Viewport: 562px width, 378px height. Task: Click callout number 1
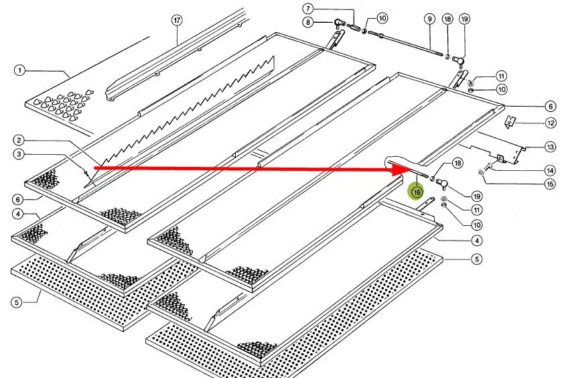(19, 70)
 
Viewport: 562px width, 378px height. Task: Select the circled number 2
(19, 140)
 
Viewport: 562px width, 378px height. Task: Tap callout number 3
(19, 155)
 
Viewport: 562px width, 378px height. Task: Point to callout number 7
(307, 9)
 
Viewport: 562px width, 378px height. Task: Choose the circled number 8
(307, 23)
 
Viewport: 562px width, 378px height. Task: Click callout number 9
(429, 19)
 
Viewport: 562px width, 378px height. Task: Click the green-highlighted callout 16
(417, 192)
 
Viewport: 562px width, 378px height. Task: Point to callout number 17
(177, 20)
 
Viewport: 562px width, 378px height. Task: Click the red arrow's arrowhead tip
(401, 171)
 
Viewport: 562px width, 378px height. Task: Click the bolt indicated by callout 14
(488, 167)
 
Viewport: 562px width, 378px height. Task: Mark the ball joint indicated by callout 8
(340, 25)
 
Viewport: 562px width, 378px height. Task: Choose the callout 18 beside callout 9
(447, 19)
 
